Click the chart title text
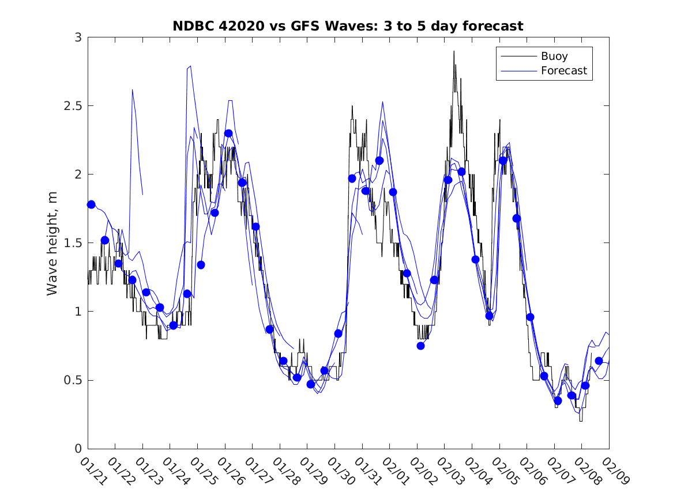tap(348, 26)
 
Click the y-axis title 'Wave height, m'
tap(53, 243)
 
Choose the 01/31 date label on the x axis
tap(369, 472)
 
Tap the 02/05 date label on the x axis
tap(506, 472)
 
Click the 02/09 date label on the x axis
tap(615, 472)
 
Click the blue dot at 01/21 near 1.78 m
tap(91, 204)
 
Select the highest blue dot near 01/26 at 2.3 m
tap(228, 133)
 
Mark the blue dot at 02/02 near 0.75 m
tap(420, 346)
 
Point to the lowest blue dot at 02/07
tap(558, 400)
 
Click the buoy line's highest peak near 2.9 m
tap(454, 51)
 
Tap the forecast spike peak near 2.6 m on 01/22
tap(133, 90)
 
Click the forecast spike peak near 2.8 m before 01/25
tap(190, 66)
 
